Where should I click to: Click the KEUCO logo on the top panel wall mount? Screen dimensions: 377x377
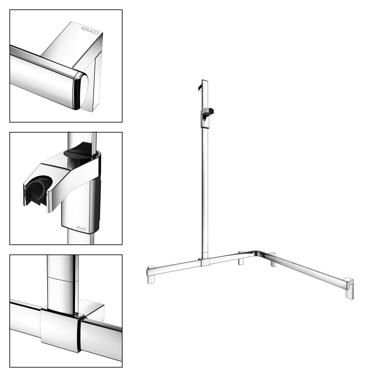pos(90,30)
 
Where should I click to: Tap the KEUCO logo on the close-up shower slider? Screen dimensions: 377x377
pos(81,228)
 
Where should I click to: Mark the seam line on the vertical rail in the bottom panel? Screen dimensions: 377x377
pos(62,279)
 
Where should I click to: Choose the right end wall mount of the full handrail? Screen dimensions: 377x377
pos(350,289)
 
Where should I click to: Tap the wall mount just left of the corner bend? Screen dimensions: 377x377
pos(241,258)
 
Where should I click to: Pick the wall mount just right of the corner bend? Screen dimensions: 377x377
pos(272,260)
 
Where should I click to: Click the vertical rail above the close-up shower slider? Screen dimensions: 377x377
pos(82,142)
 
